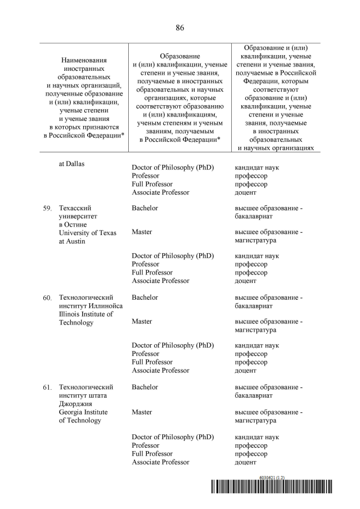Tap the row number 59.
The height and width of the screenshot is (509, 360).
[x=47, y=209]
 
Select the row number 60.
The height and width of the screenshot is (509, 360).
[x=47, y=298]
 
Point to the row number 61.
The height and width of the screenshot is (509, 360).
[x=47, y=388]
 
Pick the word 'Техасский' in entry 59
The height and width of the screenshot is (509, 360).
[x=75, y=208]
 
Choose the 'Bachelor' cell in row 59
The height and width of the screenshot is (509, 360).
[x=145, y=208]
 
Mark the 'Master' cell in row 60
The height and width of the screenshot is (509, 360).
[x=142, y=322]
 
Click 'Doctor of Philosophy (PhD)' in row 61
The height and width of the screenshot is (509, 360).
[x=173, y=437]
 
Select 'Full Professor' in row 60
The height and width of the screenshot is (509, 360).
[x=152, y=362]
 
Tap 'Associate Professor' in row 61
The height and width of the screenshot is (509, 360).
[x=160, y=462]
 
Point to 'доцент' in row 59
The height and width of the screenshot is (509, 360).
[x=245, y=281]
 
